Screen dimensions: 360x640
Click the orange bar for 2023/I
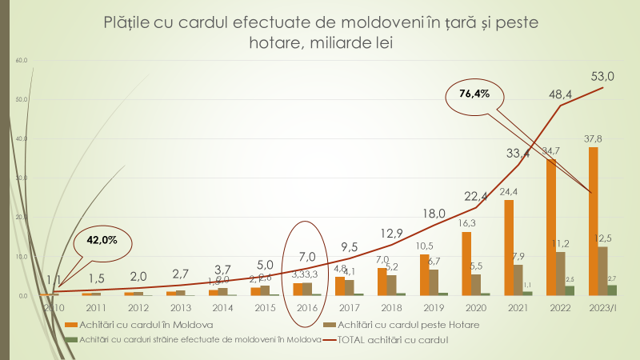pyautogui.click(x=593, y=221)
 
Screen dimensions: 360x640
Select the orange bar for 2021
pyautogui.click(x=509, y=247)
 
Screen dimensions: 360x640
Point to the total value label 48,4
pyautogui.click(x=560, y=94)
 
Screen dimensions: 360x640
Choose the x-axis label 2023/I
pyautogui.click(x=603, y=308)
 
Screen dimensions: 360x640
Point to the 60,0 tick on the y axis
pyautogui.click(x=22, y=61)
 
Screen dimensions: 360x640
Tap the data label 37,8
pyautogui.click(x=593, y=138)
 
